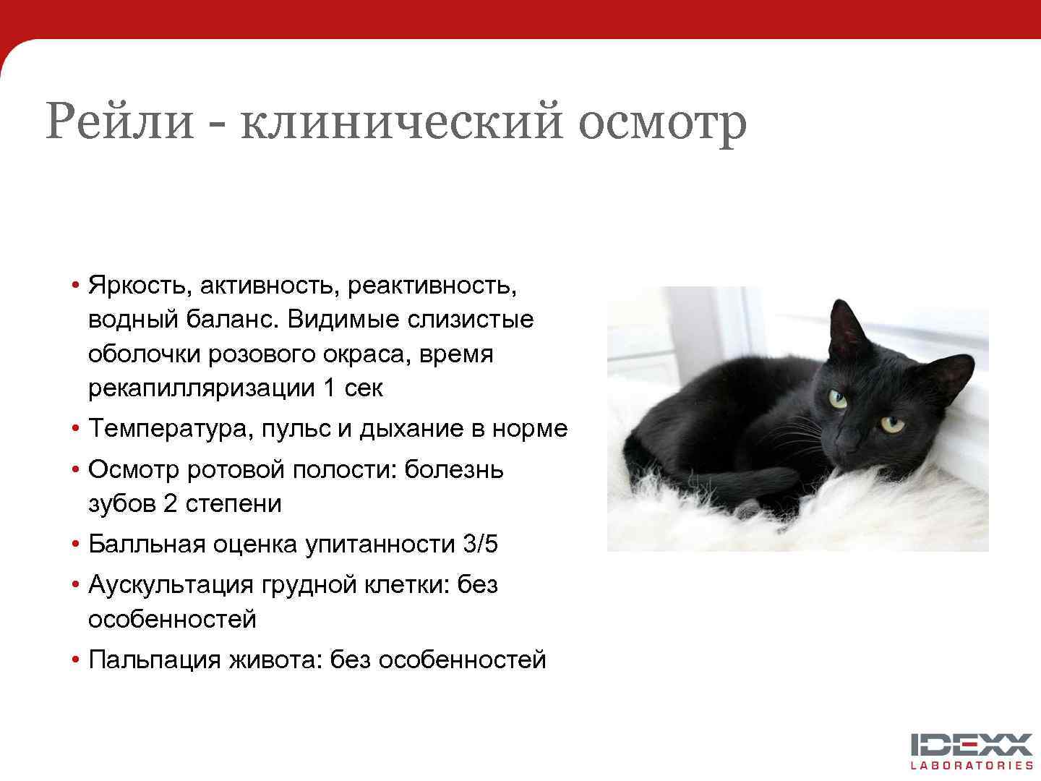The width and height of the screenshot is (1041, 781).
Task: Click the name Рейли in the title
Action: [x=120, y=121]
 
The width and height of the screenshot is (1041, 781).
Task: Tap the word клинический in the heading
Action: [x=401, y=121]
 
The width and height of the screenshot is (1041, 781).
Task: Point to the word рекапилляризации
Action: [x=202, y=388]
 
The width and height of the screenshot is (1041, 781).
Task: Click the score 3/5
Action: [x=480, y=544]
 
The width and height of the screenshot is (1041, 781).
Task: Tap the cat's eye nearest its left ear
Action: [x=838, y=398]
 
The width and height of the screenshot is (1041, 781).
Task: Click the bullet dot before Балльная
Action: [x=75, y=544]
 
